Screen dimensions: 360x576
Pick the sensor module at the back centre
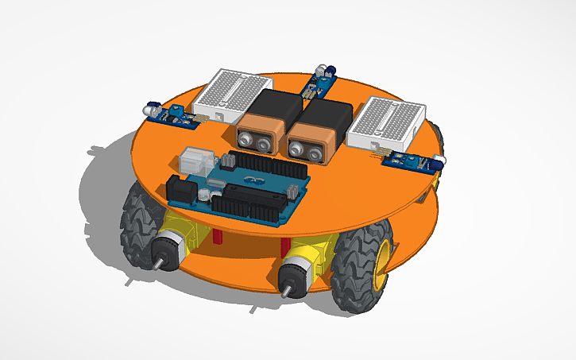tap(321, 80)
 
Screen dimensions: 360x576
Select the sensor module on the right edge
tap(409, 161)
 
